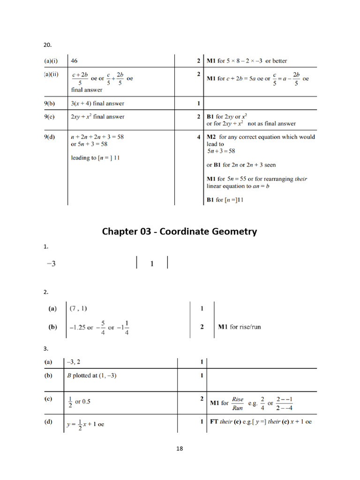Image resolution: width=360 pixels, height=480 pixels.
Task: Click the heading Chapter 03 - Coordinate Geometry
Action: click(180, 231)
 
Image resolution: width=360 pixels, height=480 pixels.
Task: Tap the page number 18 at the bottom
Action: click(180, 449)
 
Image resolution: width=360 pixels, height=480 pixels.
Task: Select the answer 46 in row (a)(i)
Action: click(75, 60)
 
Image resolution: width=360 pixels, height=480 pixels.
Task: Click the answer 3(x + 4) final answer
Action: click(97, 103)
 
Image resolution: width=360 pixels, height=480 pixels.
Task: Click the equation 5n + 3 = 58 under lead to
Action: click(221, 151)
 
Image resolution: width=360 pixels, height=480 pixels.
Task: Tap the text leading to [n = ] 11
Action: click(95, 158)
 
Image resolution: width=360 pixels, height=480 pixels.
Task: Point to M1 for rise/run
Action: click(240, 327)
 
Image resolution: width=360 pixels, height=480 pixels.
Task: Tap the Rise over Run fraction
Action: click(238, 403)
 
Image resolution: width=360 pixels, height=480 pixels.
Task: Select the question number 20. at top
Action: click(47, 45)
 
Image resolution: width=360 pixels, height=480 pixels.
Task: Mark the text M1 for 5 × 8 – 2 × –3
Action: click(247, 61)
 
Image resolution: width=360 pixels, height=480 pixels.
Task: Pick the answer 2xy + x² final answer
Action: click(97, 116)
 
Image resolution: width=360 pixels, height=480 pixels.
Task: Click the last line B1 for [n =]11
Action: click(225, 200)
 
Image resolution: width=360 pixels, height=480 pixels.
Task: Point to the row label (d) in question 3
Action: click(48, 422)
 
